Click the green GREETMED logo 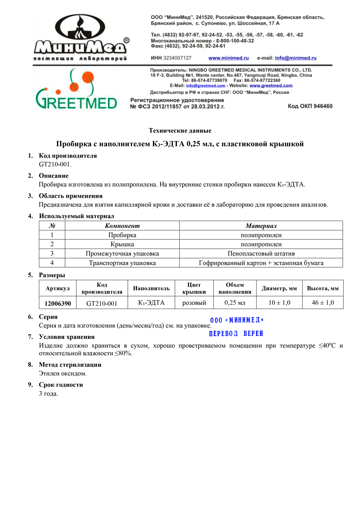click(76, 90)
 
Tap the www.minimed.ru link click(229, 58)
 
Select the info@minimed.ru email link click(295, 58)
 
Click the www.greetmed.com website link click(271, 85)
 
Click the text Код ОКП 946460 click(310, 106)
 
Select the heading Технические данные click(180, 130)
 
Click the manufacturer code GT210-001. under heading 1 click(55, 164)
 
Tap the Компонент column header click(122, 226)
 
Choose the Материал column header click(261, 226)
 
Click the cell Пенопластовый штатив click(261, 253)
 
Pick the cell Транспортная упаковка click(122, 263)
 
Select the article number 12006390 click(58, 303)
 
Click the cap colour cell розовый click(194, 303)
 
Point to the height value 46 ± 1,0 click(322, 303)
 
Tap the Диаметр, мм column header click(279, 289)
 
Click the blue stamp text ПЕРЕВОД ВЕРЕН click(236, 334)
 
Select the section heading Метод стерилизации click(70, 365)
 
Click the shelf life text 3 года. click(48, 394)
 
